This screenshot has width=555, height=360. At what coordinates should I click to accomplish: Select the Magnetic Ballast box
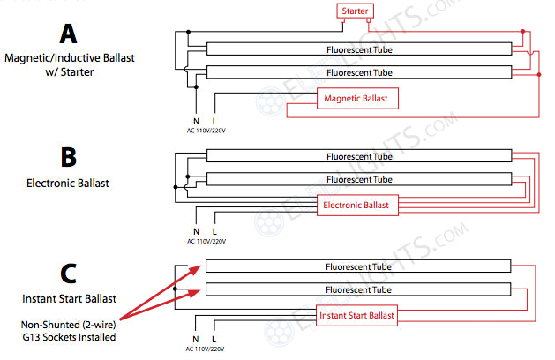(357, 99)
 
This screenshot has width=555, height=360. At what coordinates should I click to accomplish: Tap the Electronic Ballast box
(357, 206)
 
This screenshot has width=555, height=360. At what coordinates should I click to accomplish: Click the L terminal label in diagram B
(215, 231)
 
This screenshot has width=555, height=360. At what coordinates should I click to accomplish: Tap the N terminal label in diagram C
(196, 338)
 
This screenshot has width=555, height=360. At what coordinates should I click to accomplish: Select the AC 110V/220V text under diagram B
(206, 241)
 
